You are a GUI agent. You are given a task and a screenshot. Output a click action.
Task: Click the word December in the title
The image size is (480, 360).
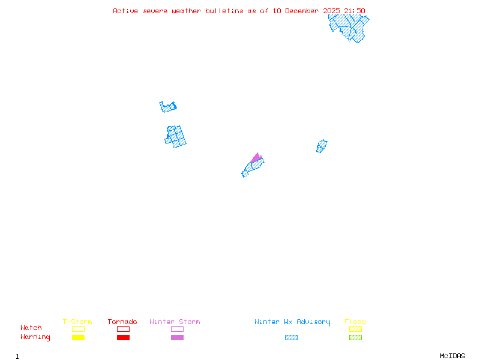302,11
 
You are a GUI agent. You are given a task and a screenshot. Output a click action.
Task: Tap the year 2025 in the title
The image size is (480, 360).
332,11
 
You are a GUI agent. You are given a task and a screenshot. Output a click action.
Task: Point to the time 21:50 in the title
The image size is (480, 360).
355,11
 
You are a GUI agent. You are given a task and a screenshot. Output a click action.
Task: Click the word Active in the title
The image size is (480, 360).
125,11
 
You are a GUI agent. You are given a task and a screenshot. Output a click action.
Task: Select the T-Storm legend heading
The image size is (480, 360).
77,322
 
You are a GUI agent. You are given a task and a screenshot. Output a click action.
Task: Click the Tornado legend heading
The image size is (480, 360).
122,322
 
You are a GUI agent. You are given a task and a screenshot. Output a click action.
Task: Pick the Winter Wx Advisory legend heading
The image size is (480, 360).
292,322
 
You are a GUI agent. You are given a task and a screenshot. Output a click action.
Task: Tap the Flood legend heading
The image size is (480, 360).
355,322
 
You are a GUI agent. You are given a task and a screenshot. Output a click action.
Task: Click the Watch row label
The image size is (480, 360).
31,328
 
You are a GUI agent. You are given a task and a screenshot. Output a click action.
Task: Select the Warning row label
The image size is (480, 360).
35,337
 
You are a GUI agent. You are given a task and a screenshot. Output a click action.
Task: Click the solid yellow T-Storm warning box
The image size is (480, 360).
79,337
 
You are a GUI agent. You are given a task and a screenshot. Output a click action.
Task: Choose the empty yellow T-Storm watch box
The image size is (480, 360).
79,329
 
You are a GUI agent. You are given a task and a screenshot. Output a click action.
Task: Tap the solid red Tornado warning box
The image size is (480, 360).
124,337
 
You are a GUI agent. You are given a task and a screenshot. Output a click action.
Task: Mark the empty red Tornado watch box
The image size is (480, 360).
124,329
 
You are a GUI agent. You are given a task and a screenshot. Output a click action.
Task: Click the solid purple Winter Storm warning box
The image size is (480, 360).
177,337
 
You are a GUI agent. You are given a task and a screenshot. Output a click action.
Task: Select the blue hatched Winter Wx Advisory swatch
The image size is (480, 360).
291,337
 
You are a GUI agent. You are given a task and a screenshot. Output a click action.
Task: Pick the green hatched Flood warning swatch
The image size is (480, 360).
355,337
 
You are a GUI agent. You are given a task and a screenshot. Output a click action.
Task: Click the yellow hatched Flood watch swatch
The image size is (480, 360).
355,329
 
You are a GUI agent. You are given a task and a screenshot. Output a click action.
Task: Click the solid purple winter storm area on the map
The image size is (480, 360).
257,158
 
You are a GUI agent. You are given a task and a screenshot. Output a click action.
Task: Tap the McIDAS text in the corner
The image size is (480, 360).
452,356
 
